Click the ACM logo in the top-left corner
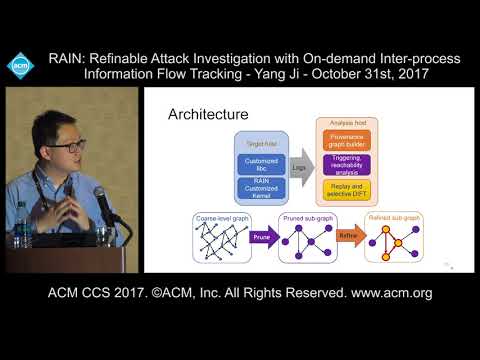(21, 65)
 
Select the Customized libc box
(259, 164)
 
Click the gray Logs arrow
(299, 169)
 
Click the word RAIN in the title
(69, 59)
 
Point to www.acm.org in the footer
(385, 293)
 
